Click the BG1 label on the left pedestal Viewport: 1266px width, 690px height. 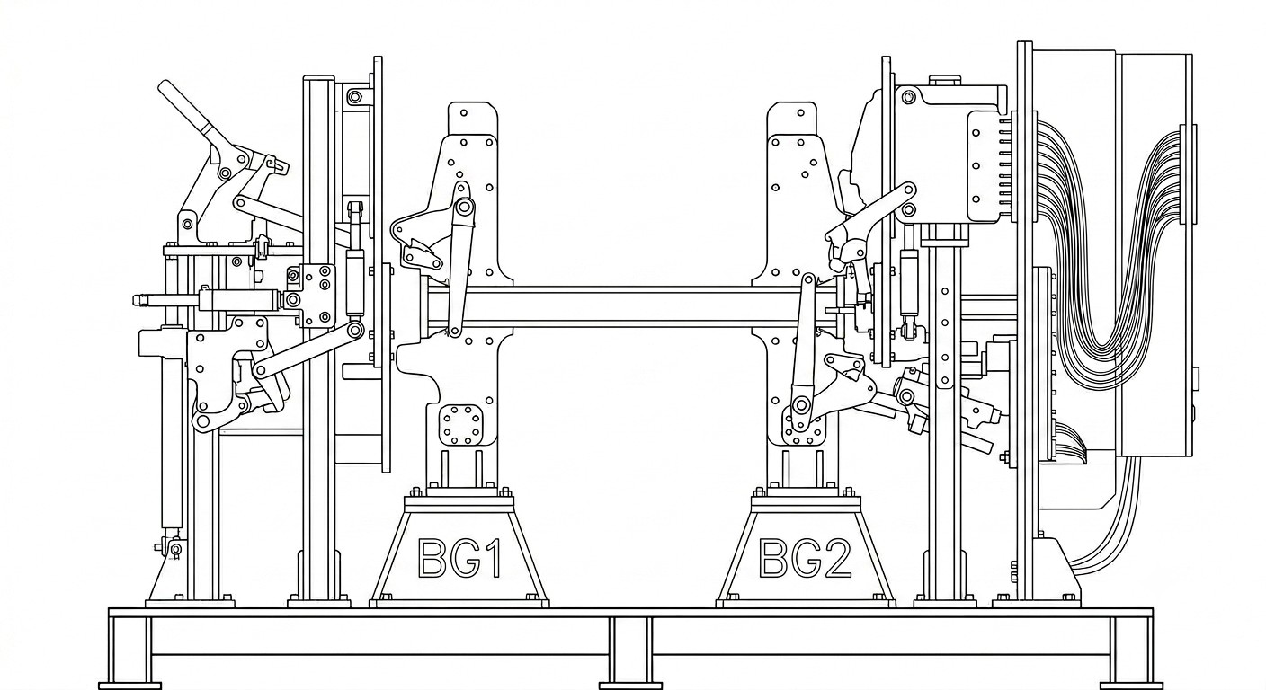pos(459,558)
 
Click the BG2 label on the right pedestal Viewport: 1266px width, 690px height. pos(805,558)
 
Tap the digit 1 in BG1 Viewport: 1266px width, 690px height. pos(492,558)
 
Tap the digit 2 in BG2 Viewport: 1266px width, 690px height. pos(836,558)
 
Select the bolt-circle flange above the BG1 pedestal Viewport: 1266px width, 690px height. pos(461,425)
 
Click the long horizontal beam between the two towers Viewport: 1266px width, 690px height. pos(630,306)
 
